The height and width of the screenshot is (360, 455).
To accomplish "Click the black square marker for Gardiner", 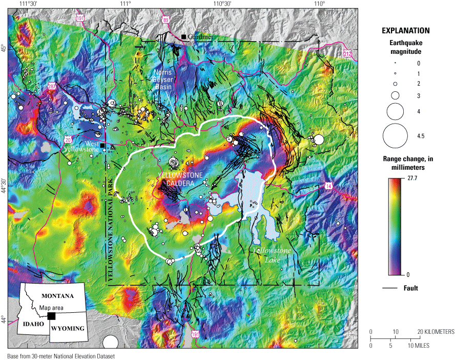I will (x=183, y=36).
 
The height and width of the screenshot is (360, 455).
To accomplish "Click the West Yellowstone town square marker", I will (x=102, y=146).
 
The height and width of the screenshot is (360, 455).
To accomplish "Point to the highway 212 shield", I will (x=348, y=53).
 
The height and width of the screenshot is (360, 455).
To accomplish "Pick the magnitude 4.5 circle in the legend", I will (x=395, y=136).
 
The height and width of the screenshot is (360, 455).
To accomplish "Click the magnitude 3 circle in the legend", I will (x=395, y=95).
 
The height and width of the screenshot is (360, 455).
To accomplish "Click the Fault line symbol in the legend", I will (x=390, y=288).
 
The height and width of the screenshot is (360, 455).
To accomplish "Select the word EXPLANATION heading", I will (x=408, y=30).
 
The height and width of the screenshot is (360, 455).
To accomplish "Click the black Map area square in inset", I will (x=51, y=316).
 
